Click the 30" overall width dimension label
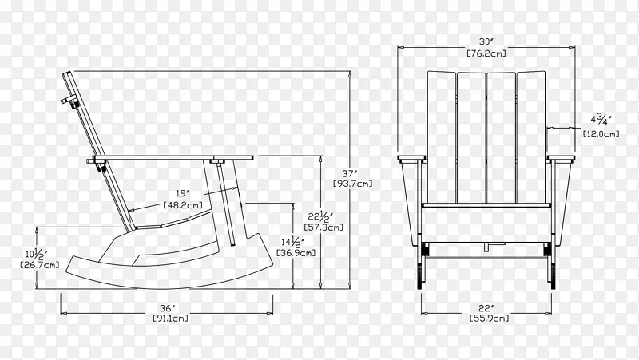[486, 42]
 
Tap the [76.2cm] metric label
[486, 53]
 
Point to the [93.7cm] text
[353, 184]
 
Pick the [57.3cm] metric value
[323, 227]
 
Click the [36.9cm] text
[296, 253]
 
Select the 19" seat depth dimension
[184, 193]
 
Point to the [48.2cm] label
[183, 205]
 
